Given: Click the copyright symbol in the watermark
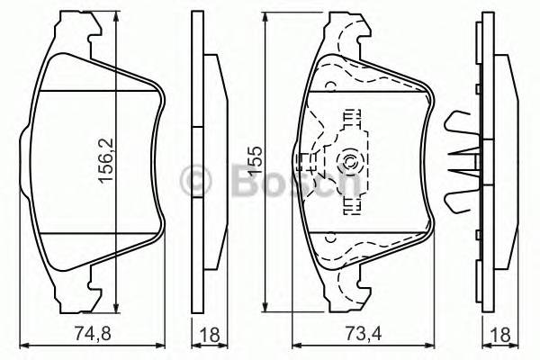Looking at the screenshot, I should click(x=197, y=180).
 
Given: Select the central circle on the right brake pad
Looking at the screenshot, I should click(x=349, y=163).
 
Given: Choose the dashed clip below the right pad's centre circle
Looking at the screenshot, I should click(x=349, y=203).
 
